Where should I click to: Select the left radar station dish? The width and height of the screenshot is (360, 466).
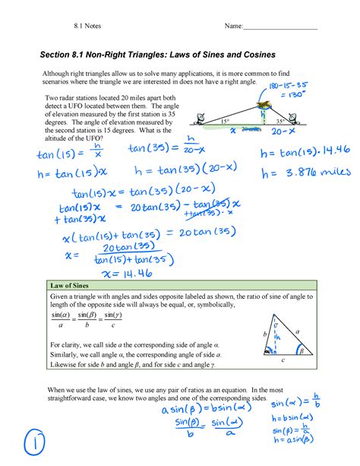pyautogui.click(x=200, y=116)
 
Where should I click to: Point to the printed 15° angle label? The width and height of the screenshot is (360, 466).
pyautogui.click(x=225, y=121)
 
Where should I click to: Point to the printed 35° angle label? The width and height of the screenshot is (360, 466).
pyautogui.click(x=280, y=121)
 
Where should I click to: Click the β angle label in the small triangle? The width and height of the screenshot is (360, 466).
pyautogui.click(x=301, y=351)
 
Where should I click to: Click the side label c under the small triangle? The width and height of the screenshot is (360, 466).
pyautogui.click(x=282, y=360)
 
